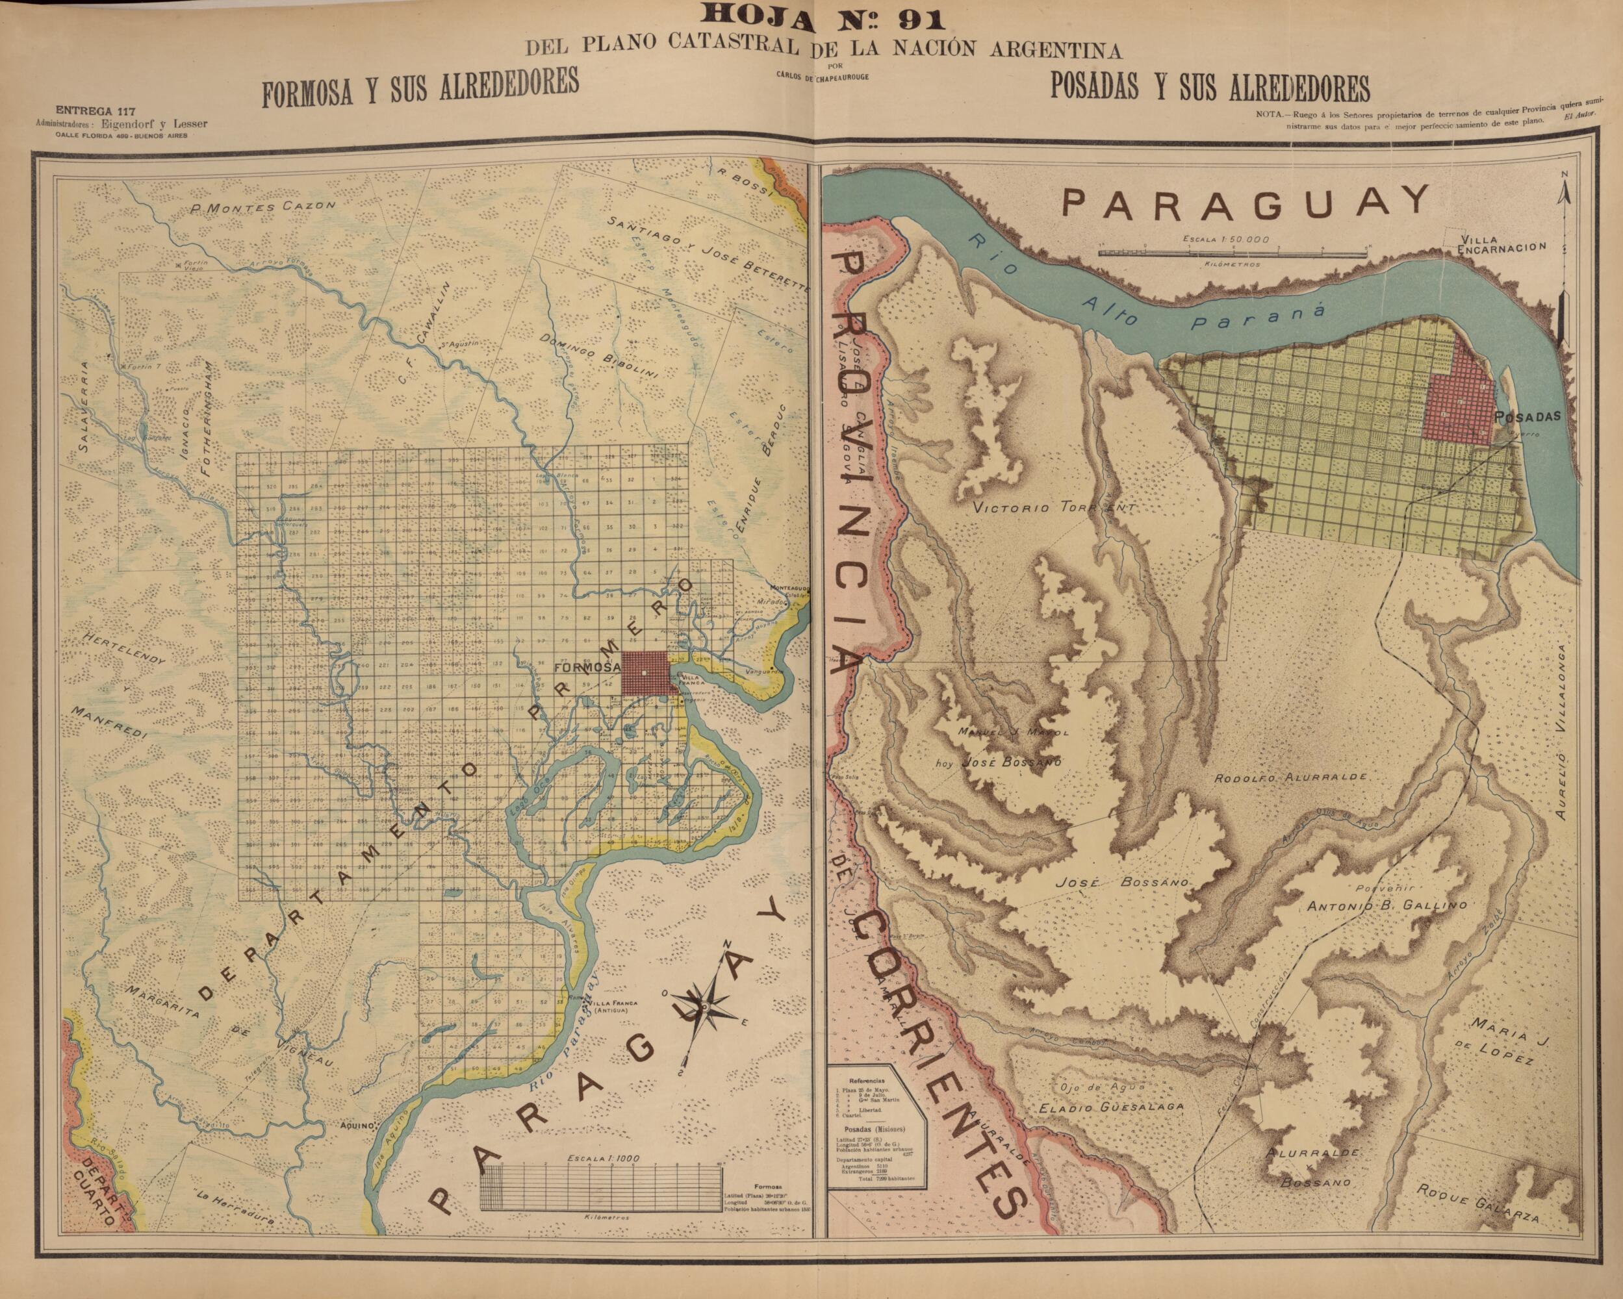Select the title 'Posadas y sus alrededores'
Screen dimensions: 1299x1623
coord(1209,88)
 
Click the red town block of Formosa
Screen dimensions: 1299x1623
coord(645,673)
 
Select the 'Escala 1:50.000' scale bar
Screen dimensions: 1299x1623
coord(1232,251)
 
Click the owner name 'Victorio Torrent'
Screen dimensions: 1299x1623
coord(1053,508)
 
